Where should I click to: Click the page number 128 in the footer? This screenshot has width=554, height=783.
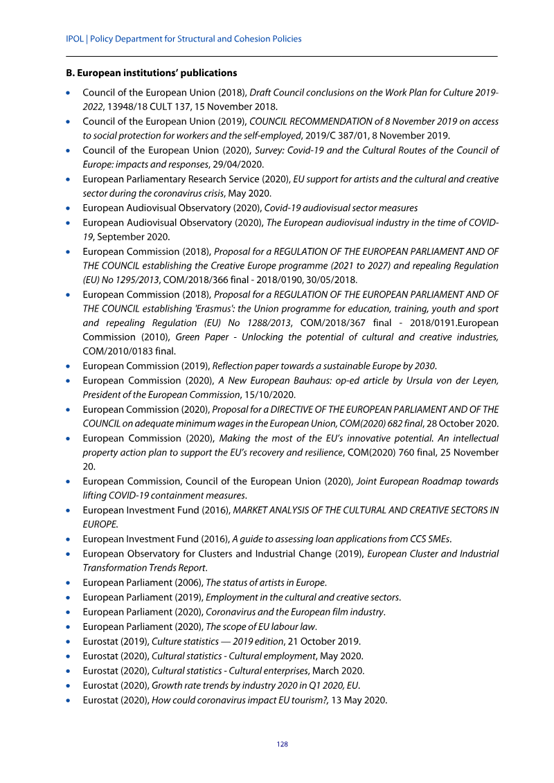[x=282, y=744]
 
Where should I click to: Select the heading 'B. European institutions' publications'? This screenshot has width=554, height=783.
[x=151, y=73]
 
